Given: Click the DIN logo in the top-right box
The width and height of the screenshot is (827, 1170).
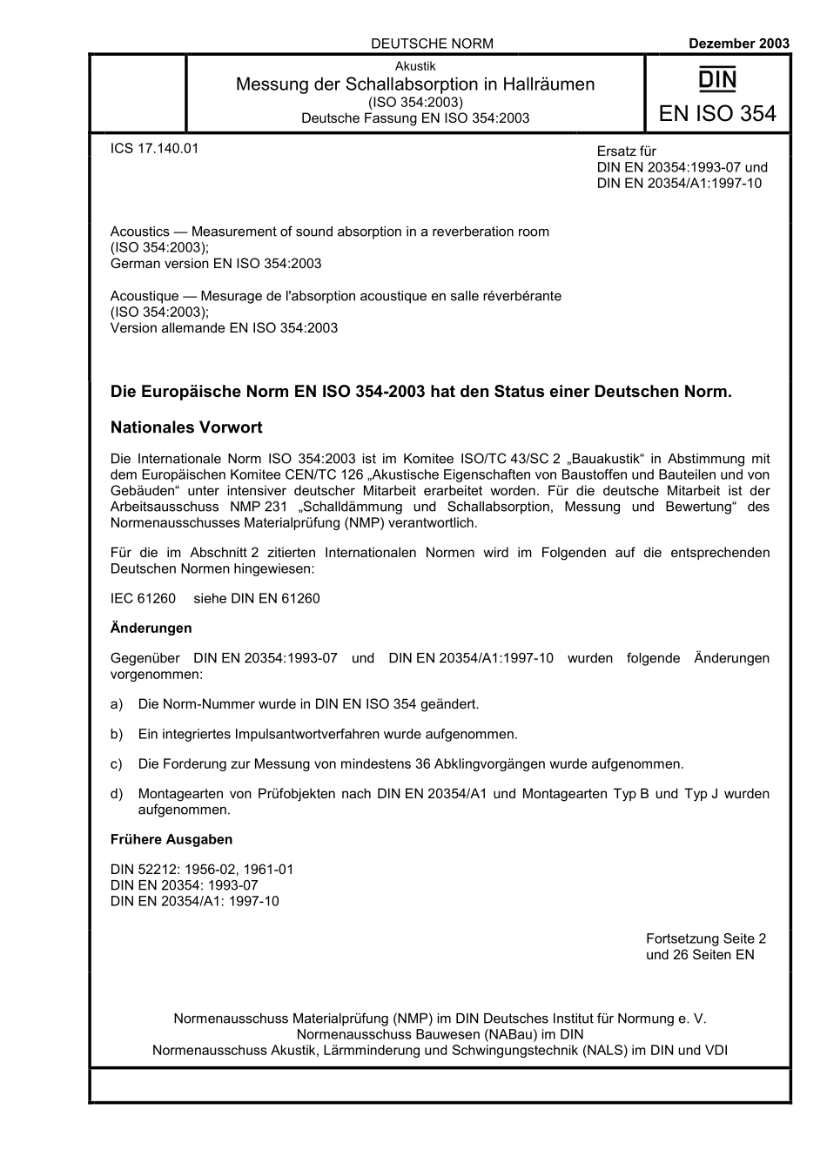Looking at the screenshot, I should (x=717, y=81).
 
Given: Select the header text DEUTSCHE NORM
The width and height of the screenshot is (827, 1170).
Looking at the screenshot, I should (x=432, y=44).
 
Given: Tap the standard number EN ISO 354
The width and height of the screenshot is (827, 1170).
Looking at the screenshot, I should (x=717, y=114).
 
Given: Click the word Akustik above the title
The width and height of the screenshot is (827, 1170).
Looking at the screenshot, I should (x=415, y=66).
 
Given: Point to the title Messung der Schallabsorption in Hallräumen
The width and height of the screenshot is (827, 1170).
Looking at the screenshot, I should (x=415, y=84).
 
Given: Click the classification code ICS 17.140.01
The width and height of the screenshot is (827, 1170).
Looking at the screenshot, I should (x=154, y=148).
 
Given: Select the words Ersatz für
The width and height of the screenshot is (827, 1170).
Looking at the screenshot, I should (x=627, y=151).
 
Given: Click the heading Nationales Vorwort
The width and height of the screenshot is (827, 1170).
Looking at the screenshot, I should (x=186, y=427).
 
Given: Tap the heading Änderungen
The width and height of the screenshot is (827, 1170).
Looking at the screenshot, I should (x=151, y=628).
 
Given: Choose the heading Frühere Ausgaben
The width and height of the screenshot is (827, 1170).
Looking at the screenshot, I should (x=171, y=839).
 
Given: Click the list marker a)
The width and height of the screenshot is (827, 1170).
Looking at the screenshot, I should (x=117, y=703).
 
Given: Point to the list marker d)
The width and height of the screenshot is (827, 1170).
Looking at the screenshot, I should (x=117, y=794).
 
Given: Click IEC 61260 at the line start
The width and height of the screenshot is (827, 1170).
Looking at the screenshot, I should (x=143, y=598).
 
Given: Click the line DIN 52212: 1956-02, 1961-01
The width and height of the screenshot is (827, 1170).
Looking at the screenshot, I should (x=202, y=870).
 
